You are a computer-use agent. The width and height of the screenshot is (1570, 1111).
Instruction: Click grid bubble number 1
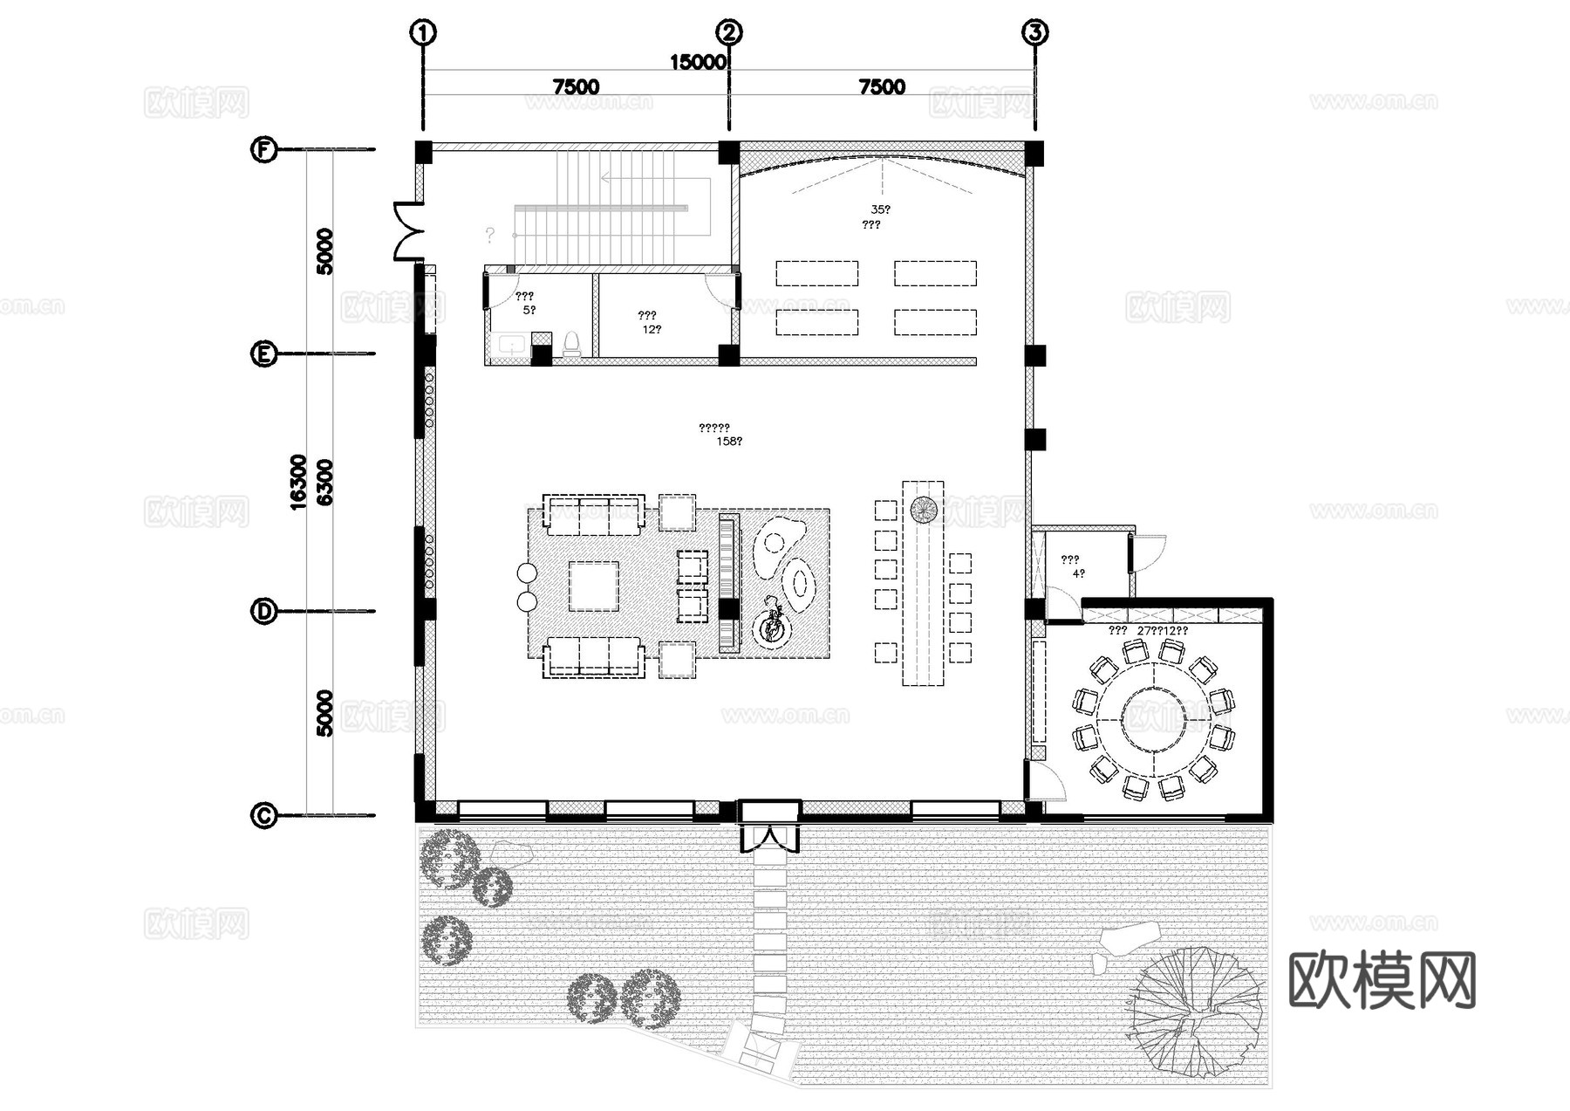click(x=423, y=33)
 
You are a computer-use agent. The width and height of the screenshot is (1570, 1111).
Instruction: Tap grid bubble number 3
click(x=1034, y=33)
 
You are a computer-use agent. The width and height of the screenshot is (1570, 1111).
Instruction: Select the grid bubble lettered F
click(x=263, y=149)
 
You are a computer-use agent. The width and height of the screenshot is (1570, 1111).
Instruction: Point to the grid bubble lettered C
click(x=263, y=815)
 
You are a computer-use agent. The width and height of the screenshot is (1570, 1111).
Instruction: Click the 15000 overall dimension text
click(x=698, y=62)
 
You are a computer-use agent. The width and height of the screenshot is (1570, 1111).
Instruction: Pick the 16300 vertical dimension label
click(x=298, y=482)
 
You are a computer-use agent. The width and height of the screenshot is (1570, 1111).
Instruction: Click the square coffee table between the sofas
click(x=593, y=586)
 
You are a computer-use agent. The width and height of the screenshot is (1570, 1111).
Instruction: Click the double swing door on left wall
click(x=408, y=231)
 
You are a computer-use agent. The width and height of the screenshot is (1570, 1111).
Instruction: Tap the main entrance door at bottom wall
click(x=768, y=838)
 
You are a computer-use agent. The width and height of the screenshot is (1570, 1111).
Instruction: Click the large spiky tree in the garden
click(x=1197, y=1009)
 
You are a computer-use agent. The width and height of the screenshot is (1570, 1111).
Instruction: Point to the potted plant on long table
click(x=923, y=510)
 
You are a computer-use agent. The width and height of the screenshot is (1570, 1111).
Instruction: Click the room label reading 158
click(x=729, y=442)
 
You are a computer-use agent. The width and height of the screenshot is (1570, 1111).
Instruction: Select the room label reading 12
click(x=652, y=329)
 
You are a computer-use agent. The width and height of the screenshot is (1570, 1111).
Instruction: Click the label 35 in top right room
click(x=880, y=209)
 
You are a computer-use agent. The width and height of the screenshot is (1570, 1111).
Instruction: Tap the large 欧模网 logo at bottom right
click(x=1382, y=980)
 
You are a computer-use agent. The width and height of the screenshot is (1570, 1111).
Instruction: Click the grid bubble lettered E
click(x=263, y=353)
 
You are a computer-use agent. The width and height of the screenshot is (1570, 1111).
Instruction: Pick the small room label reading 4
click(x=1078, y=573)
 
